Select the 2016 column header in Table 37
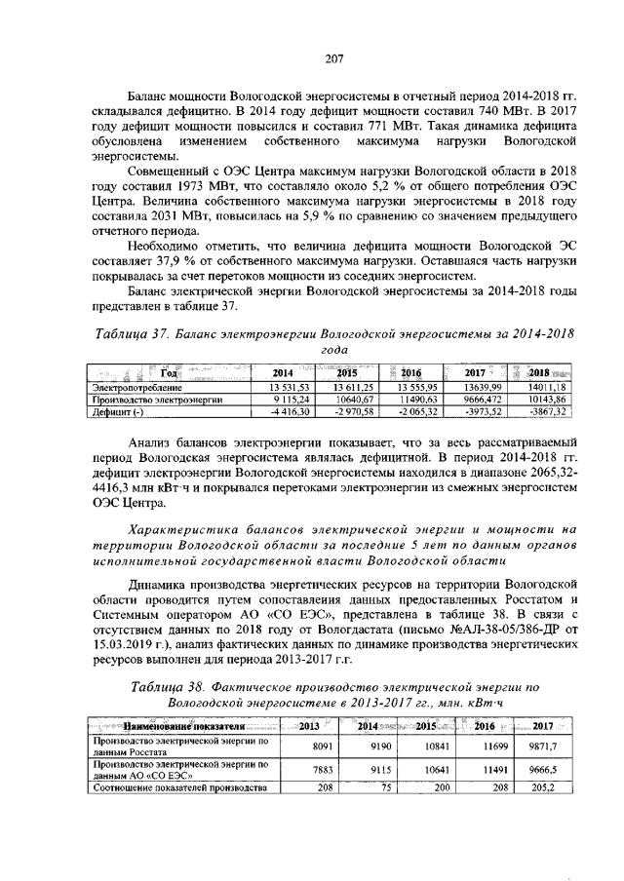tap(410, 373)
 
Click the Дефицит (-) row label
tap(116, 412)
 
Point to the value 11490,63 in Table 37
tap(414, 400)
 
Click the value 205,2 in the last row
tap(541, 786)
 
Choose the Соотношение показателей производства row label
tap(177, 786)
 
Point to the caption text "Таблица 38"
tap(169, 687)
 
